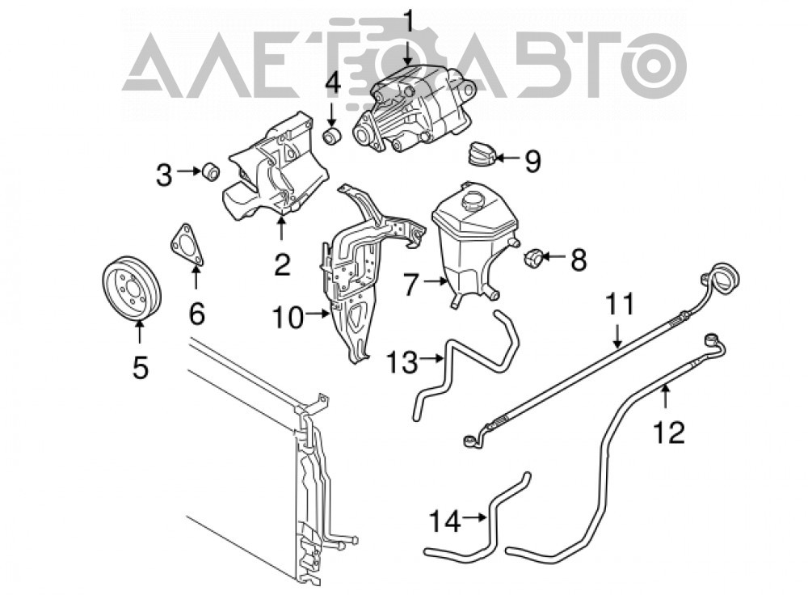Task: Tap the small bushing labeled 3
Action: [210, 171]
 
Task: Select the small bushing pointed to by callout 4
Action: [332, 136]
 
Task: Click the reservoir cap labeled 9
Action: [482, 153]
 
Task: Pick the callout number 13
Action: [402, 362]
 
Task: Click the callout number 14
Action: [444, 521]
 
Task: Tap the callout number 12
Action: [669, 432]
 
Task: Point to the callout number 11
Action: [620, 304]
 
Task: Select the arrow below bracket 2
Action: [281, 229]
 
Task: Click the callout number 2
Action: [282, 264]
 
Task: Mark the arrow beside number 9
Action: [508, 158]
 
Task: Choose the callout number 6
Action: [197, 313]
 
